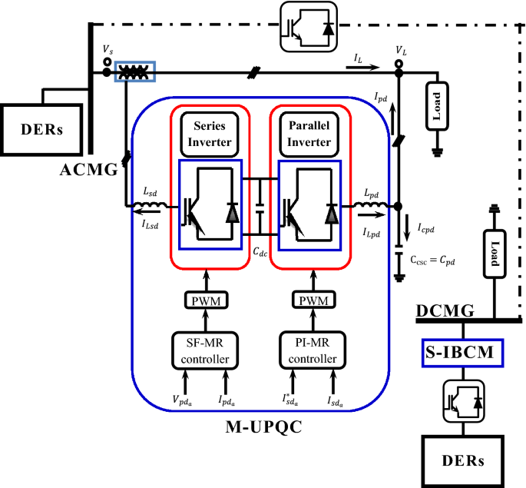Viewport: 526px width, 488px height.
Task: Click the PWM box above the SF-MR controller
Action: (205, 301)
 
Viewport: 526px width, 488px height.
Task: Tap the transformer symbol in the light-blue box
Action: (135, 72)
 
